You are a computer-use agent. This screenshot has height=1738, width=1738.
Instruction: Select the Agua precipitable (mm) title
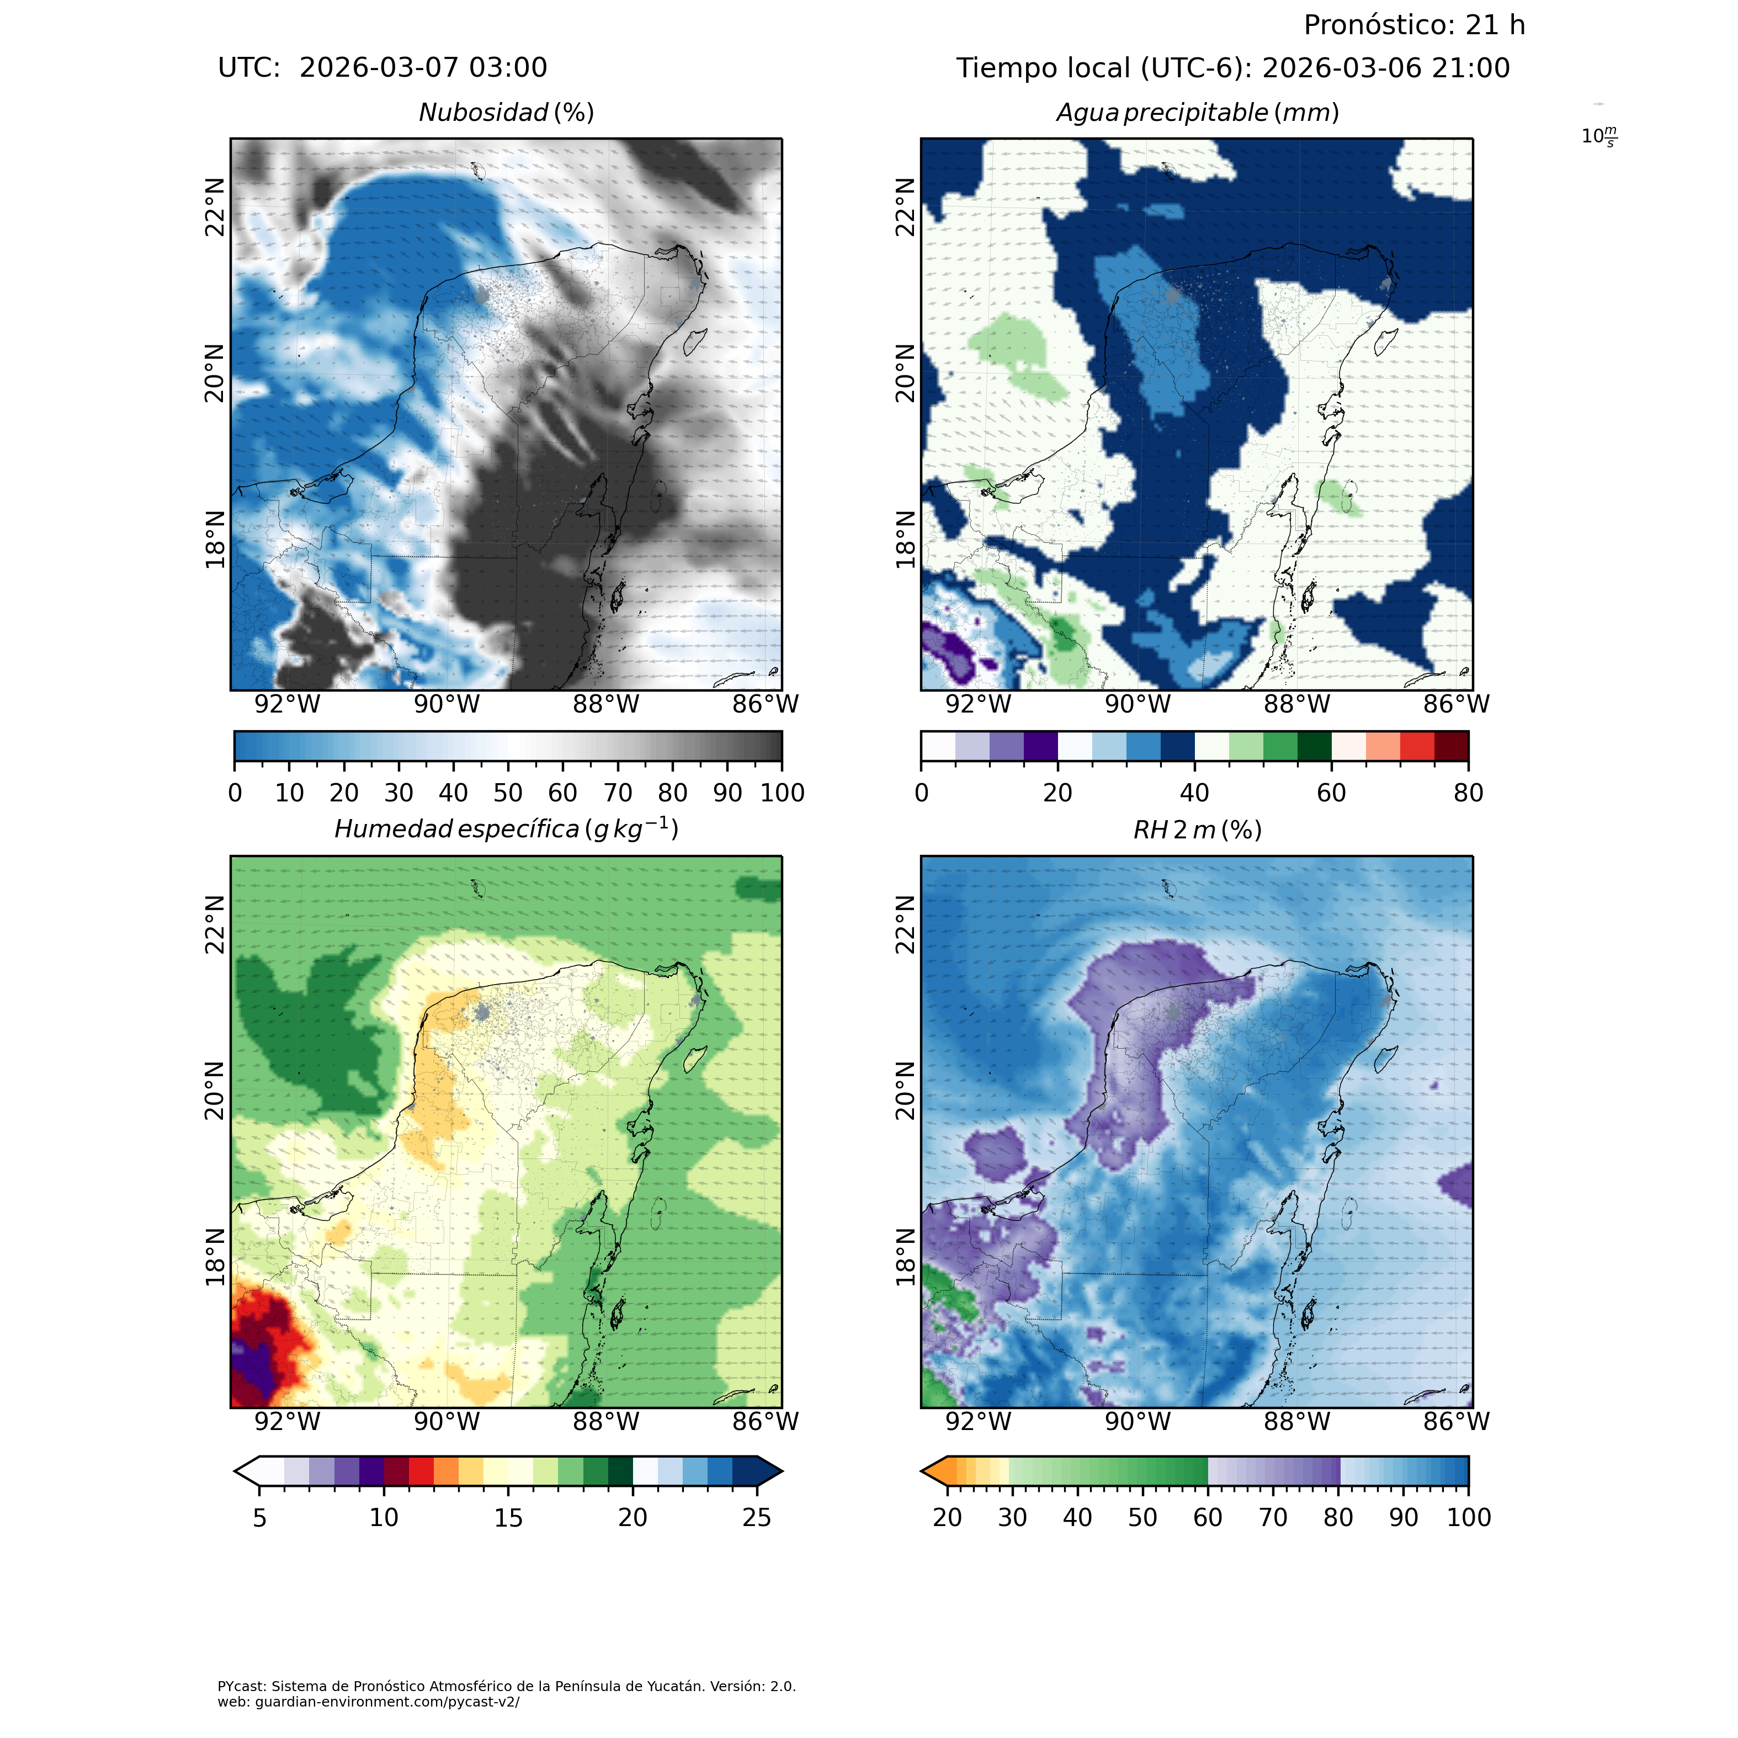point(1197,113)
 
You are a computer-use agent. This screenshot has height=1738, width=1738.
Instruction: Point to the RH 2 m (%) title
point(1197,830)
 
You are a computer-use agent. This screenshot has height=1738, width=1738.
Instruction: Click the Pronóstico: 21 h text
point(1414,25)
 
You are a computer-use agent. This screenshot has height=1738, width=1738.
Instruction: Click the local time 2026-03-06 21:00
point(1385,68)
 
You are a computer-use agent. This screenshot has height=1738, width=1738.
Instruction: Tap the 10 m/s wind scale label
point(1598,137)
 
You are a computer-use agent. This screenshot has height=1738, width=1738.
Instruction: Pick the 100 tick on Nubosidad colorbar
point(782,793)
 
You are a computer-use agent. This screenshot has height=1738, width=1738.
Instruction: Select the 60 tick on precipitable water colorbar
point(1331,793)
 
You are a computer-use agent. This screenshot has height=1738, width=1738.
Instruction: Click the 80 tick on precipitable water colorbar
point(1468,793)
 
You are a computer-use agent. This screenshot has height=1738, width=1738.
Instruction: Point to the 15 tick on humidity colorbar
point(508,1518)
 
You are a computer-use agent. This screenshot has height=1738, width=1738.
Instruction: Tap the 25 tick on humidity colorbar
point(757,1518)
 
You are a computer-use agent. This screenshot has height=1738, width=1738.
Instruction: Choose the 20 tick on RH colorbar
point(947,1518)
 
